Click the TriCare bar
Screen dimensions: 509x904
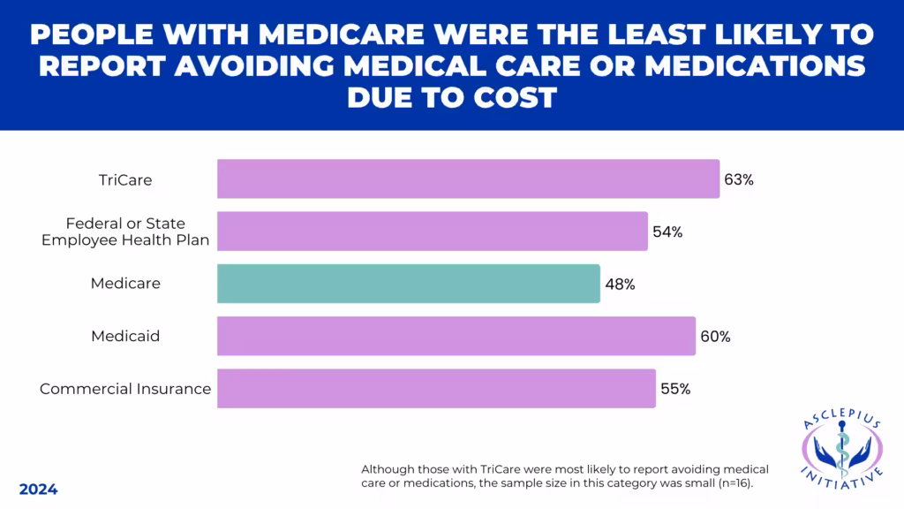point(468,179)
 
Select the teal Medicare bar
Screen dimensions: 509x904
point(408,284)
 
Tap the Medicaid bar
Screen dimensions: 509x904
point(456,336)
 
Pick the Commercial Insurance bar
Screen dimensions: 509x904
point(436,388)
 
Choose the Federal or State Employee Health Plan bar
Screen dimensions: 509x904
point(432,231)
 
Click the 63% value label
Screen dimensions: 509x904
point(738,179)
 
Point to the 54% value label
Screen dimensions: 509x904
point(667,232)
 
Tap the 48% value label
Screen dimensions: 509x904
point(620,285)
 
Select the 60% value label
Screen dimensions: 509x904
point(715,337)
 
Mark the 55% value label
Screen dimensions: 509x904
point(675,389)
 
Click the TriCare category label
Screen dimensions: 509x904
point(125,179)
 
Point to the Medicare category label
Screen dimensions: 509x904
point(125,284)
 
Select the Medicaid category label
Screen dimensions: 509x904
point(125,336)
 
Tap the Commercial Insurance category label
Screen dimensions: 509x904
point(125,389)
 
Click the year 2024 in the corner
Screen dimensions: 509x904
point(38,490)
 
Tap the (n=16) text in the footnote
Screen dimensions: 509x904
point(736,482)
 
